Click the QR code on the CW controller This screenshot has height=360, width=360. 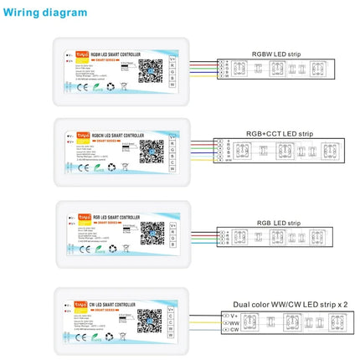(x=150, y=321)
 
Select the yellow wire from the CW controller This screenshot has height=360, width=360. (x=201, y=321)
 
